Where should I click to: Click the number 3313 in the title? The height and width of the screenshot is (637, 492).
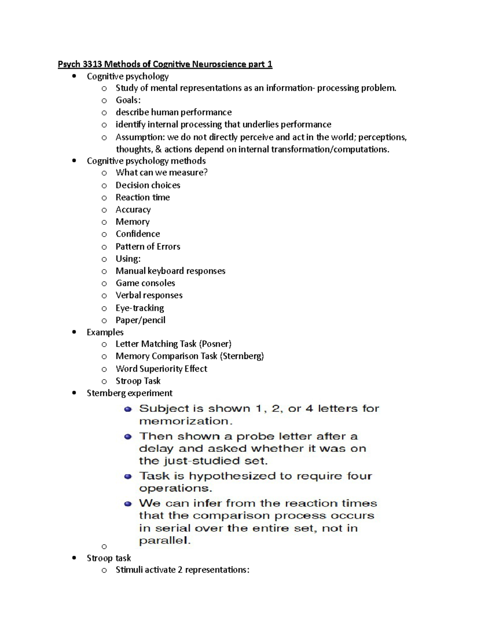92,64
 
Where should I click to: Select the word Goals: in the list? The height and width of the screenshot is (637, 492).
128,100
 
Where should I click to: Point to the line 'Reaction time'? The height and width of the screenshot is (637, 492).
143,197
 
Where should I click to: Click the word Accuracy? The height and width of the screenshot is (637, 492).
133,210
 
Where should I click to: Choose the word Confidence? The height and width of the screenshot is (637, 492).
138,234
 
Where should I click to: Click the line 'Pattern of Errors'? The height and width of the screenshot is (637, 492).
148,247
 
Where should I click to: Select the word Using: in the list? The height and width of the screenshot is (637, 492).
128,259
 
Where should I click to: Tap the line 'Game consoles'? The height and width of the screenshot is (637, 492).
145,283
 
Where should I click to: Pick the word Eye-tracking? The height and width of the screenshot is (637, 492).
140,308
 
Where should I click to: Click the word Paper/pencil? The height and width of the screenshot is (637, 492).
141,320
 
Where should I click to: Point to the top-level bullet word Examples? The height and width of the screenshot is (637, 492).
105,332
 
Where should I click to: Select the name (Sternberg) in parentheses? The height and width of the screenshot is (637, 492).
242,356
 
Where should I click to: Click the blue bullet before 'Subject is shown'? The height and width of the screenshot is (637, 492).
128,409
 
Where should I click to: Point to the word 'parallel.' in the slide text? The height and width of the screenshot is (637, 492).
165,541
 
